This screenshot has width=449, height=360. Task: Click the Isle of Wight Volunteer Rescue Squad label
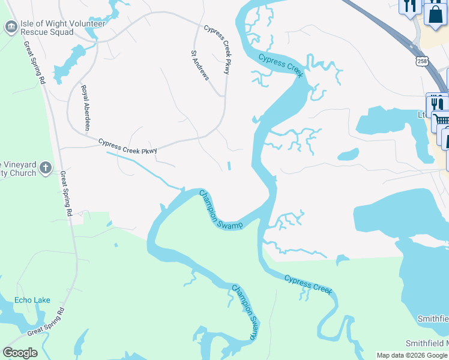tap(63, 28)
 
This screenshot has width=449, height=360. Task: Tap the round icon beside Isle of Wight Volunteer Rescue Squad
tap(11, 27)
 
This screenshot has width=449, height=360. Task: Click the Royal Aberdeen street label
tap(86, 107)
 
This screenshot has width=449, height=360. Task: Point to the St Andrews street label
tap(200, 65)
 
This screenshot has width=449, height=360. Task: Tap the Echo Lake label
tap(32, 300)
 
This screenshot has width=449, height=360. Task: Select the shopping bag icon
tap(435, 13)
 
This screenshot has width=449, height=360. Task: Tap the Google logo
tap(20, 353)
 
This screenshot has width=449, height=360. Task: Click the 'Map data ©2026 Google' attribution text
tap(412, 355)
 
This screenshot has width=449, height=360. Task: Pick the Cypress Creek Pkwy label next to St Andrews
tap(217, 49)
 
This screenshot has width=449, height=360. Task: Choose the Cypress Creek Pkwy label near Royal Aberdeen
tap(127, 146)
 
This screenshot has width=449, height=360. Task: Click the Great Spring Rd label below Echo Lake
tap(45, 323)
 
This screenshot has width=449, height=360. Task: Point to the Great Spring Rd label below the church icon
tap(65, 193)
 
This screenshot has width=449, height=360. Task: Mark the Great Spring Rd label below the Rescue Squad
tap(34, 62)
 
